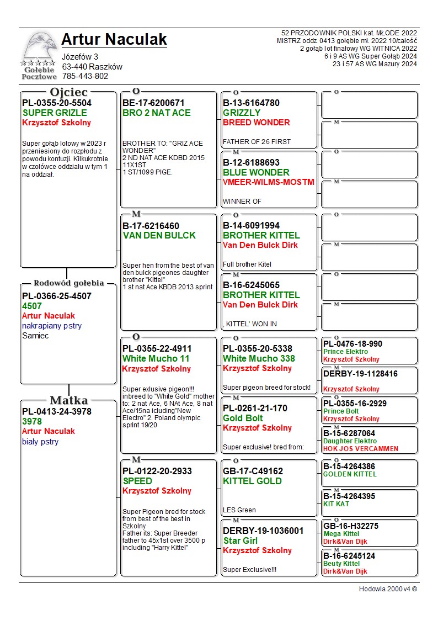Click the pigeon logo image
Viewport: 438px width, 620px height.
[38, 55]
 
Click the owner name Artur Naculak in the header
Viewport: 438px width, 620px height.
[114, 39]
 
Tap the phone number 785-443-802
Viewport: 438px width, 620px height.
[85, 76]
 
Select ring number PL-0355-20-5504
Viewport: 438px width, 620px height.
[57, 103]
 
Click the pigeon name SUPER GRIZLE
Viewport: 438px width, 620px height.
[55, 113]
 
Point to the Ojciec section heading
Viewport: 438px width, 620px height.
[68, 92]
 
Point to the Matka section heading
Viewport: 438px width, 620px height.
[68, 401]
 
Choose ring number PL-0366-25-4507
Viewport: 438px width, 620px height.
[57, 296]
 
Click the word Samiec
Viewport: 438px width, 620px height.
[35, 336]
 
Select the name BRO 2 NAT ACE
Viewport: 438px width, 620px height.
[157, 113]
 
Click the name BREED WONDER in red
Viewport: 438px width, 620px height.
[256, 123]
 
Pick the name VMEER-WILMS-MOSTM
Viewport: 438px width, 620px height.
[268, 182]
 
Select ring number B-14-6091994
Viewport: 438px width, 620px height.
[251, 226]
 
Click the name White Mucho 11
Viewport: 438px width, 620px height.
[156, 359]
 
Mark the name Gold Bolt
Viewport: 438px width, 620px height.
[243, 418]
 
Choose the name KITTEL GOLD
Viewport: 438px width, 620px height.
[252, 481]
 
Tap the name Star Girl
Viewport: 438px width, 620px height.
[242, 541]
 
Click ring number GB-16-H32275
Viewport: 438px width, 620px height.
[351, 526]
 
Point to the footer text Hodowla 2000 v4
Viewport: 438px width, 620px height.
[388, 589]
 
